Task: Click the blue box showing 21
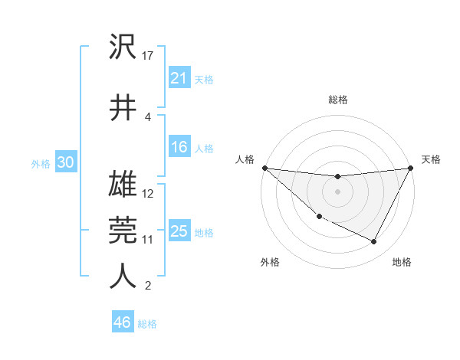click(x=179, y=78)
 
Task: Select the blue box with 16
click(x=179, y=147)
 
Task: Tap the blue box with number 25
click(x=179, y=231)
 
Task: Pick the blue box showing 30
click(x=65, y=162)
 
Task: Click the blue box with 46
click(x=122, y=322)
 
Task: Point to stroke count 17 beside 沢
click(x=149, y=55)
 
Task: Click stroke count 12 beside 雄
click(x=149, y=193)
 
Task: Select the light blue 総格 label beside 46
click(x=147, y=324)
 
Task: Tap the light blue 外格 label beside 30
click(x=41, y=163)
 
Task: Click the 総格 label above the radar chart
click(x=337, y=100)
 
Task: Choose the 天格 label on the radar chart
click(x=431, y=159)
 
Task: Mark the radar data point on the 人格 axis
click(x=264, y=168)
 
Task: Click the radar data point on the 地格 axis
click(x=374, y=242)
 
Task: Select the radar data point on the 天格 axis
click(x=410, y=168)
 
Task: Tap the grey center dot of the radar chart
click(x=337, y=191)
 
